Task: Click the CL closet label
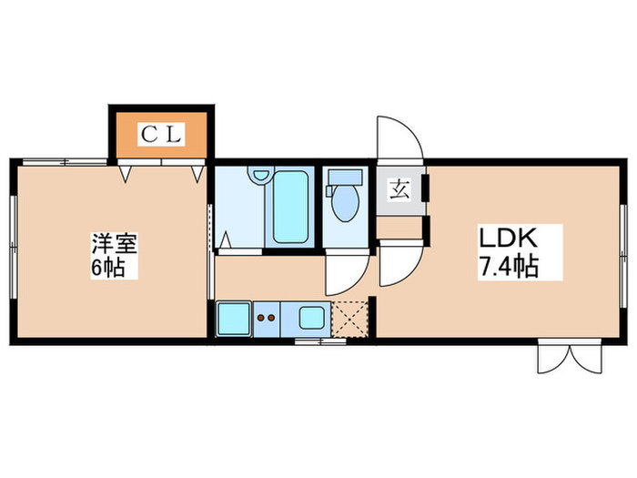161,137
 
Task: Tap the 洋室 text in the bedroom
114,244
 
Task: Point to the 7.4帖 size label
512,268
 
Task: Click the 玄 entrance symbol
399,190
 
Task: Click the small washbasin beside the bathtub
261,175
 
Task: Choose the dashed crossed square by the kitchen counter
348,320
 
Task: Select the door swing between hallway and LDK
399,267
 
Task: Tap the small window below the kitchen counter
320,342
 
